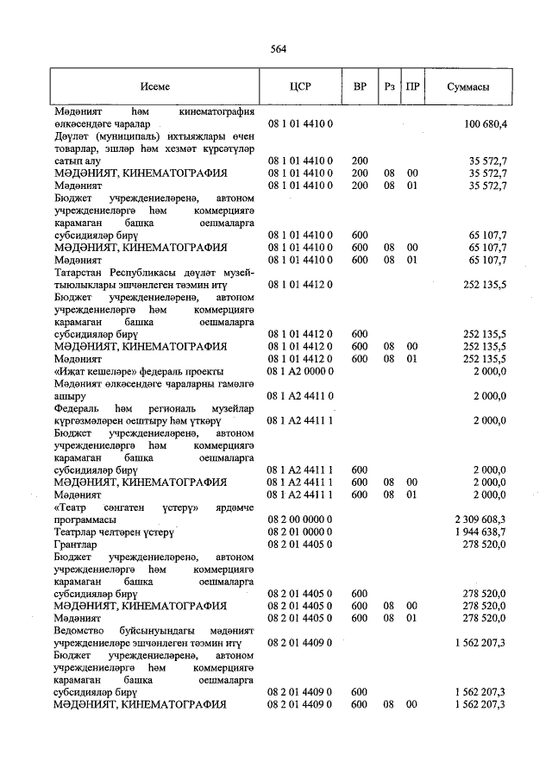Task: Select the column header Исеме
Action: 155,87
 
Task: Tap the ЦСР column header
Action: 300,87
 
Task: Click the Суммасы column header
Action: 469,87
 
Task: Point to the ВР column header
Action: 361,87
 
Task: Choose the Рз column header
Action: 390,87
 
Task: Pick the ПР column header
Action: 413,87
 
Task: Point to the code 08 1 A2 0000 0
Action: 301,371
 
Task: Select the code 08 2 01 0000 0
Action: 301,532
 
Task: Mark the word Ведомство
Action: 81,632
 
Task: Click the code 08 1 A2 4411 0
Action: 301,396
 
